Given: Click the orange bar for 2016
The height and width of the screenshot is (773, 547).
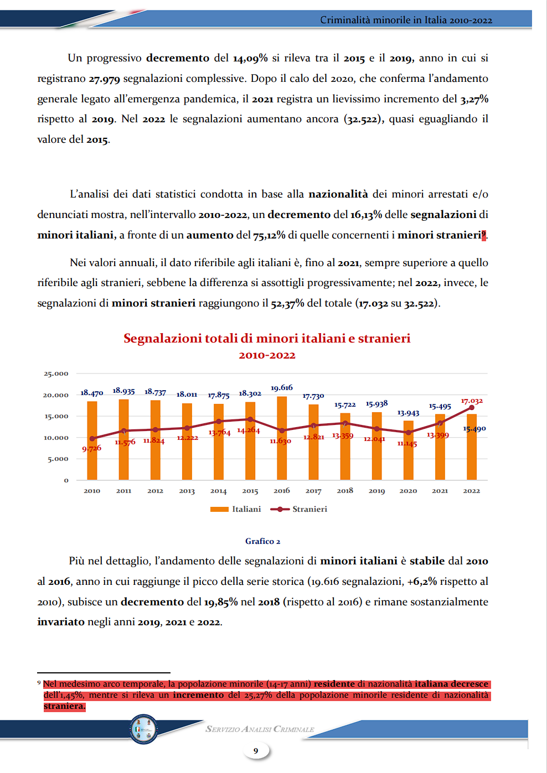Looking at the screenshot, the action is (x=282, y=438).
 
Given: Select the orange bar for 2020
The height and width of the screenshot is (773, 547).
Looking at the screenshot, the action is (x=408, y=450).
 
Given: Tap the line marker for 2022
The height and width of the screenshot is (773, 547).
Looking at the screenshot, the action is (x=472, y=408).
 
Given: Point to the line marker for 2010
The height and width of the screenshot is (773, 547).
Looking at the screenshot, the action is (x=92, y=439).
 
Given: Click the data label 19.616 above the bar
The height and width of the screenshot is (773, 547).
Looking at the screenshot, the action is (x=281, y=387).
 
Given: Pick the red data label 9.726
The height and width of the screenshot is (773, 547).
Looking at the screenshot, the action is (x=91, y=448).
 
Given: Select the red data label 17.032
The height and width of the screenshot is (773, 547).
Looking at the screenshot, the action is (x=472, y=401).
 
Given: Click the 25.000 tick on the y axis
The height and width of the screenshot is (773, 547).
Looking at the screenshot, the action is (x=55, y=373).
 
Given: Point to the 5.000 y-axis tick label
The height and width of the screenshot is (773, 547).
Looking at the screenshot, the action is (x=58, y=459).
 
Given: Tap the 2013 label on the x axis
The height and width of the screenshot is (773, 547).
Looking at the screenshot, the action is (x=187, y=491).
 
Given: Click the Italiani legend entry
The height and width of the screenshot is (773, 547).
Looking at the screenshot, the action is (x=235, y=509).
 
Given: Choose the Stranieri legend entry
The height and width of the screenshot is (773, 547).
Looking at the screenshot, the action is (x=299, y=509).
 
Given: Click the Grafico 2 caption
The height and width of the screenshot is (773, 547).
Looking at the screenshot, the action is (x=262, y=541).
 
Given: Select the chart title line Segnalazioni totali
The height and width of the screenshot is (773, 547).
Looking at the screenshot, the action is (x=267, y=338).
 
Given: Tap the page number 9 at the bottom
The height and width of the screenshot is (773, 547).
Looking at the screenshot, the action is (x=256, y=751).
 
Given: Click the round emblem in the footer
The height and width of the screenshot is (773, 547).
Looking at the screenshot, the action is (x=143, y=729).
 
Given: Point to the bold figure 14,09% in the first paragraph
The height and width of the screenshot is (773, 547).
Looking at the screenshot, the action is (x=250, y=58).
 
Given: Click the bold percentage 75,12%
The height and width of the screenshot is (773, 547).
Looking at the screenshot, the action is (x=269, y=235).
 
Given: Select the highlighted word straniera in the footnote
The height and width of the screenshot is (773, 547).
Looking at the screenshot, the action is (x=64, y=706).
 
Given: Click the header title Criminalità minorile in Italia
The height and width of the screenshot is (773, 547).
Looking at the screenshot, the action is (x=406, y=20).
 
